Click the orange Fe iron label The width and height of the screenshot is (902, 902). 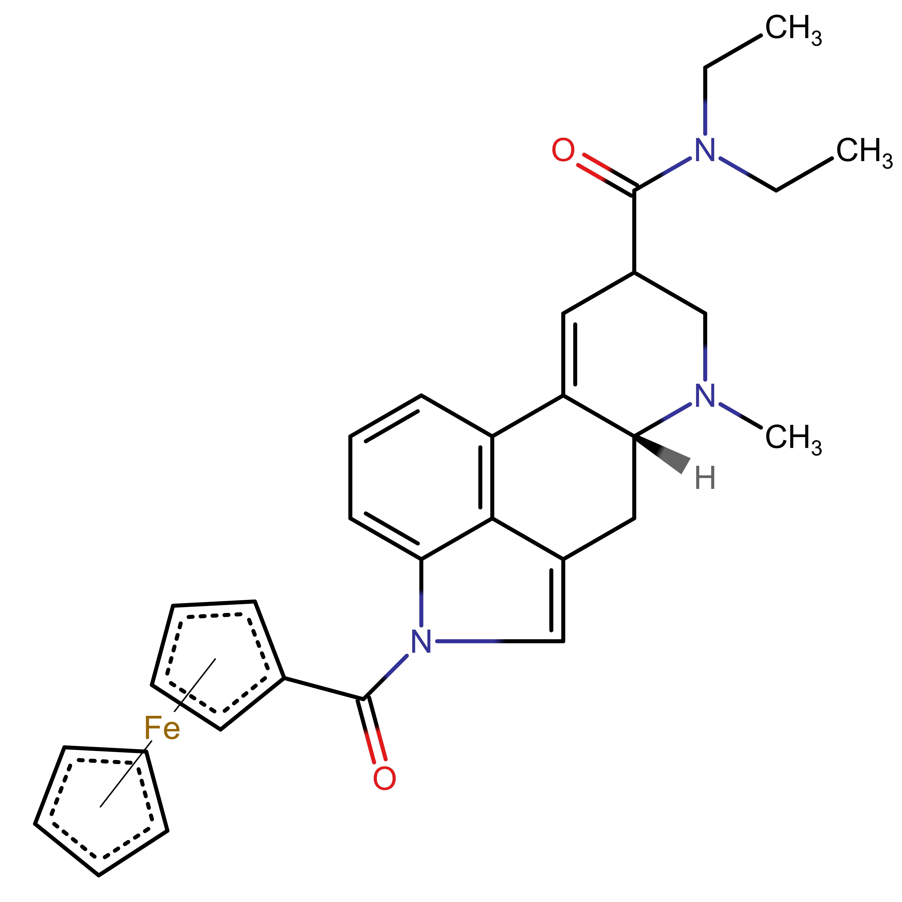pos(162,728)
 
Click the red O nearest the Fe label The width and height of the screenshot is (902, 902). pos(384,778)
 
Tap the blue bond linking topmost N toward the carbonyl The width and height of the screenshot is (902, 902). pos(676,166)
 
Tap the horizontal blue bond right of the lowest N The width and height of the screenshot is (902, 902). pos(469,641)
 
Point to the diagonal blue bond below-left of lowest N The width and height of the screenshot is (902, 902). pos(396,666)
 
